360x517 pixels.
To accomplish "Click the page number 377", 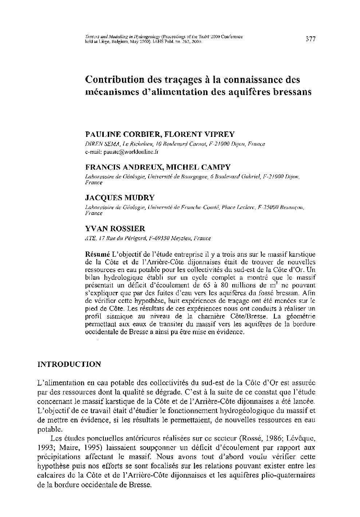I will pyautogui.click(x=310, y=39).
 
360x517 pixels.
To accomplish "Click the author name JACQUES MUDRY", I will pyautogui.click(x=119, y=198).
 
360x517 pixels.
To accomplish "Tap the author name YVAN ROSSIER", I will pyautogui.click(x=115, y=229).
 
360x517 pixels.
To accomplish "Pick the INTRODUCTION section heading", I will pyautogui.click(x=69, y=364).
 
